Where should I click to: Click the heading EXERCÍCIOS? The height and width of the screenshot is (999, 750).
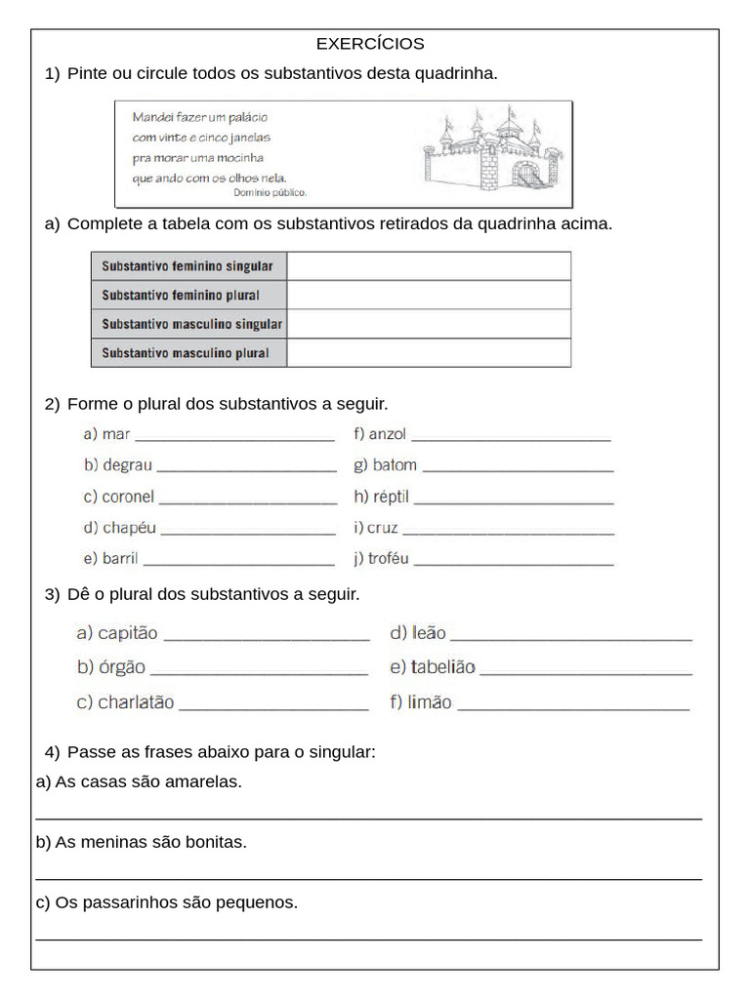[370, 44]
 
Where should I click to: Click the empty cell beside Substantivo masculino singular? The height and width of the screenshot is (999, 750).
[429, 324]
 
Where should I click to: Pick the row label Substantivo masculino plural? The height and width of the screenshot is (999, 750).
[185, 353]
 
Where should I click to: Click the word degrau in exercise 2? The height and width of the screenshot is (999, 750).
[128, 465]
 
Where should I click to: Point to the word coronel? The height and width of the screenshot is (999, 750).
[128, 497]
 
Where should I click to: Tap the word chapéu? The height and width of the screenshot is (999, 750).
[129, 528]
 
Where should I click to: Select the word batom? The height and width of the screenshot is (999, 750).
[395, 465]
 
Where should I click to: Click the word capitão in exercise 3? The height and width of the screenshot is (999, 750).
[128, 633]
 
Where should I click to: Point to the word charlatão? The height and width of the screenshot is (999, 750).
[136, 702]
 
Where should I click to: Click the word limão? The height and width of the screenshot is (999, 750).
[430, 702]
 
